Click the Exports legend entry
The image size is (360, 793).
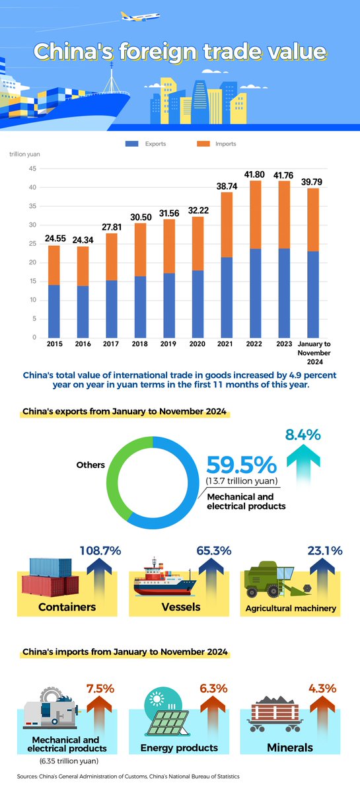[x=149, y=143]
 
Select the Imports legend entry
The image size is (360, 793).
[x=219, y=143]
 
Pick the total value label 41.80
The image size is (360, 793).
[x=250, y=174]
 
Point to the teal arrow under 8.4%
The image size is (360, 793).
[x=302, y=466]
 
